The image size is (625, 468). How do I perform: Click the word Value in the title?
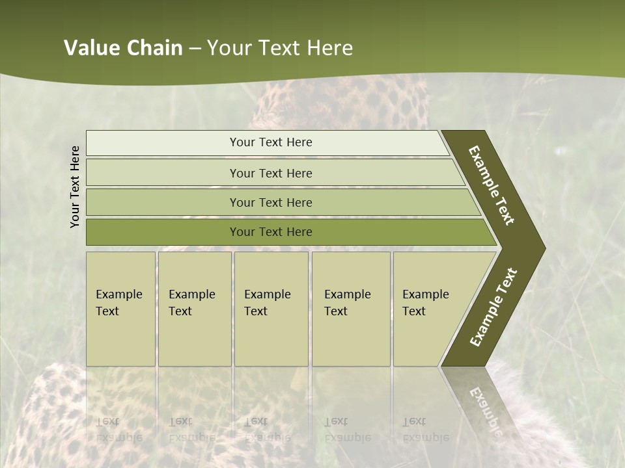pos(92,48)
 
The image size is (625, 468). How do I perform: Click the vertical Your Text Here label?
pos(75,187)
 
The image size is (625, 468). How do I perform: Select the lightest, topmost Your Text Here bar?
pos(270,142)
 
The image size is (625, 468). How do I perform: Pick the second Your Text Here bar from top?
pos(270,173)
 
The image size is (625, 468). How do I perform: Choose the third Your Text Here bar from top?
pos(270,202)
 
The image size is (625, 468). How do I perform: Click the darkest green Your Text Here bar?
pos(270,232)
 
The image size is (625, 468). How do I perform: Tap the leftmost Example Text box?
pos(120,308)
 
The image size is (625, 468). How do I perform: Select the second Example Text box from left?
pos(194,308)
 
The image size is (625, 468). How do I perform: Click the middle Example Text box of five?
pos(271,308)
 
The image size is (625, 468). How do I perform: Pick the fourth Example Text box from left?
pos(350,308)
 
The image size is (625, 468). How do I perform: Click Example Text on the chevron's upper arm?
pos(492,185)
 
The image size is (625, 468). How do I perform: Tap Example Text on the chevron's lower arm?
pos(493,307)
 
